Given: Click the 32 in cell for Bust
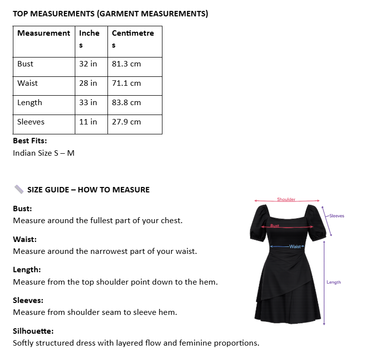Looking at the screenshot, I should [88, 64].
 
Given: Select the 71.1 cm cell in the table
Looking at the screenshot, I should [126, 83].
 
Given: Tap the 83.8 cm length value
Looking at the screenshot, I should [126, 103].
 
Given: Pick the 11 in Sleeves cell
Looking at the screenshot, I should [88, 122].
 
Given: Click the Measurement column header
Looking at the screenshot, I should [44, 33].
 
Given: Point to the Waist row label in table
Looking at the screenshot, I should [27, 83].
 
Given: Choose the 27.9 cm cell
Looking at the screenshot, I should [126, 122].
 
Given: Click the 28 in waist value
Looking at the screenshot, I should [88, 83].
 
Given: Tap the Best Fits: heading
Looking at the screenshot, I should [30, 141].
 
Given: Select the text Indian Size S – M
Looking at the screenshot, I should [44, 153].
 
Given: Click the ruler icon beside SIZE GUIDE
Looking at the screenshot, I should [19, 189].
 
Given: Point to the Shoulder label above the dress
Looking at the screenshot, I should [286, 199].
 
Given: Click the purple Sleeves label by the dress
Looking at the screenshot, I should [336, 216].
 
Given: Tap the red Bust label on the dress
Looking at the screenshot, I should [275, 226].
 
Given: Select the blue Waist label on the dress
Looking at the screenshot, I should [295, 246].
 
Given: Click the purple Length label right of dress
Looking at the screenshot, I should [333, 282].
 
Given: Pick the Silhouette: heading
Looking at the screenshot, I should [33, 331].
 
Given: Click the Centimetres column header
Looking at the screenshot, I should [133, 33].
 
